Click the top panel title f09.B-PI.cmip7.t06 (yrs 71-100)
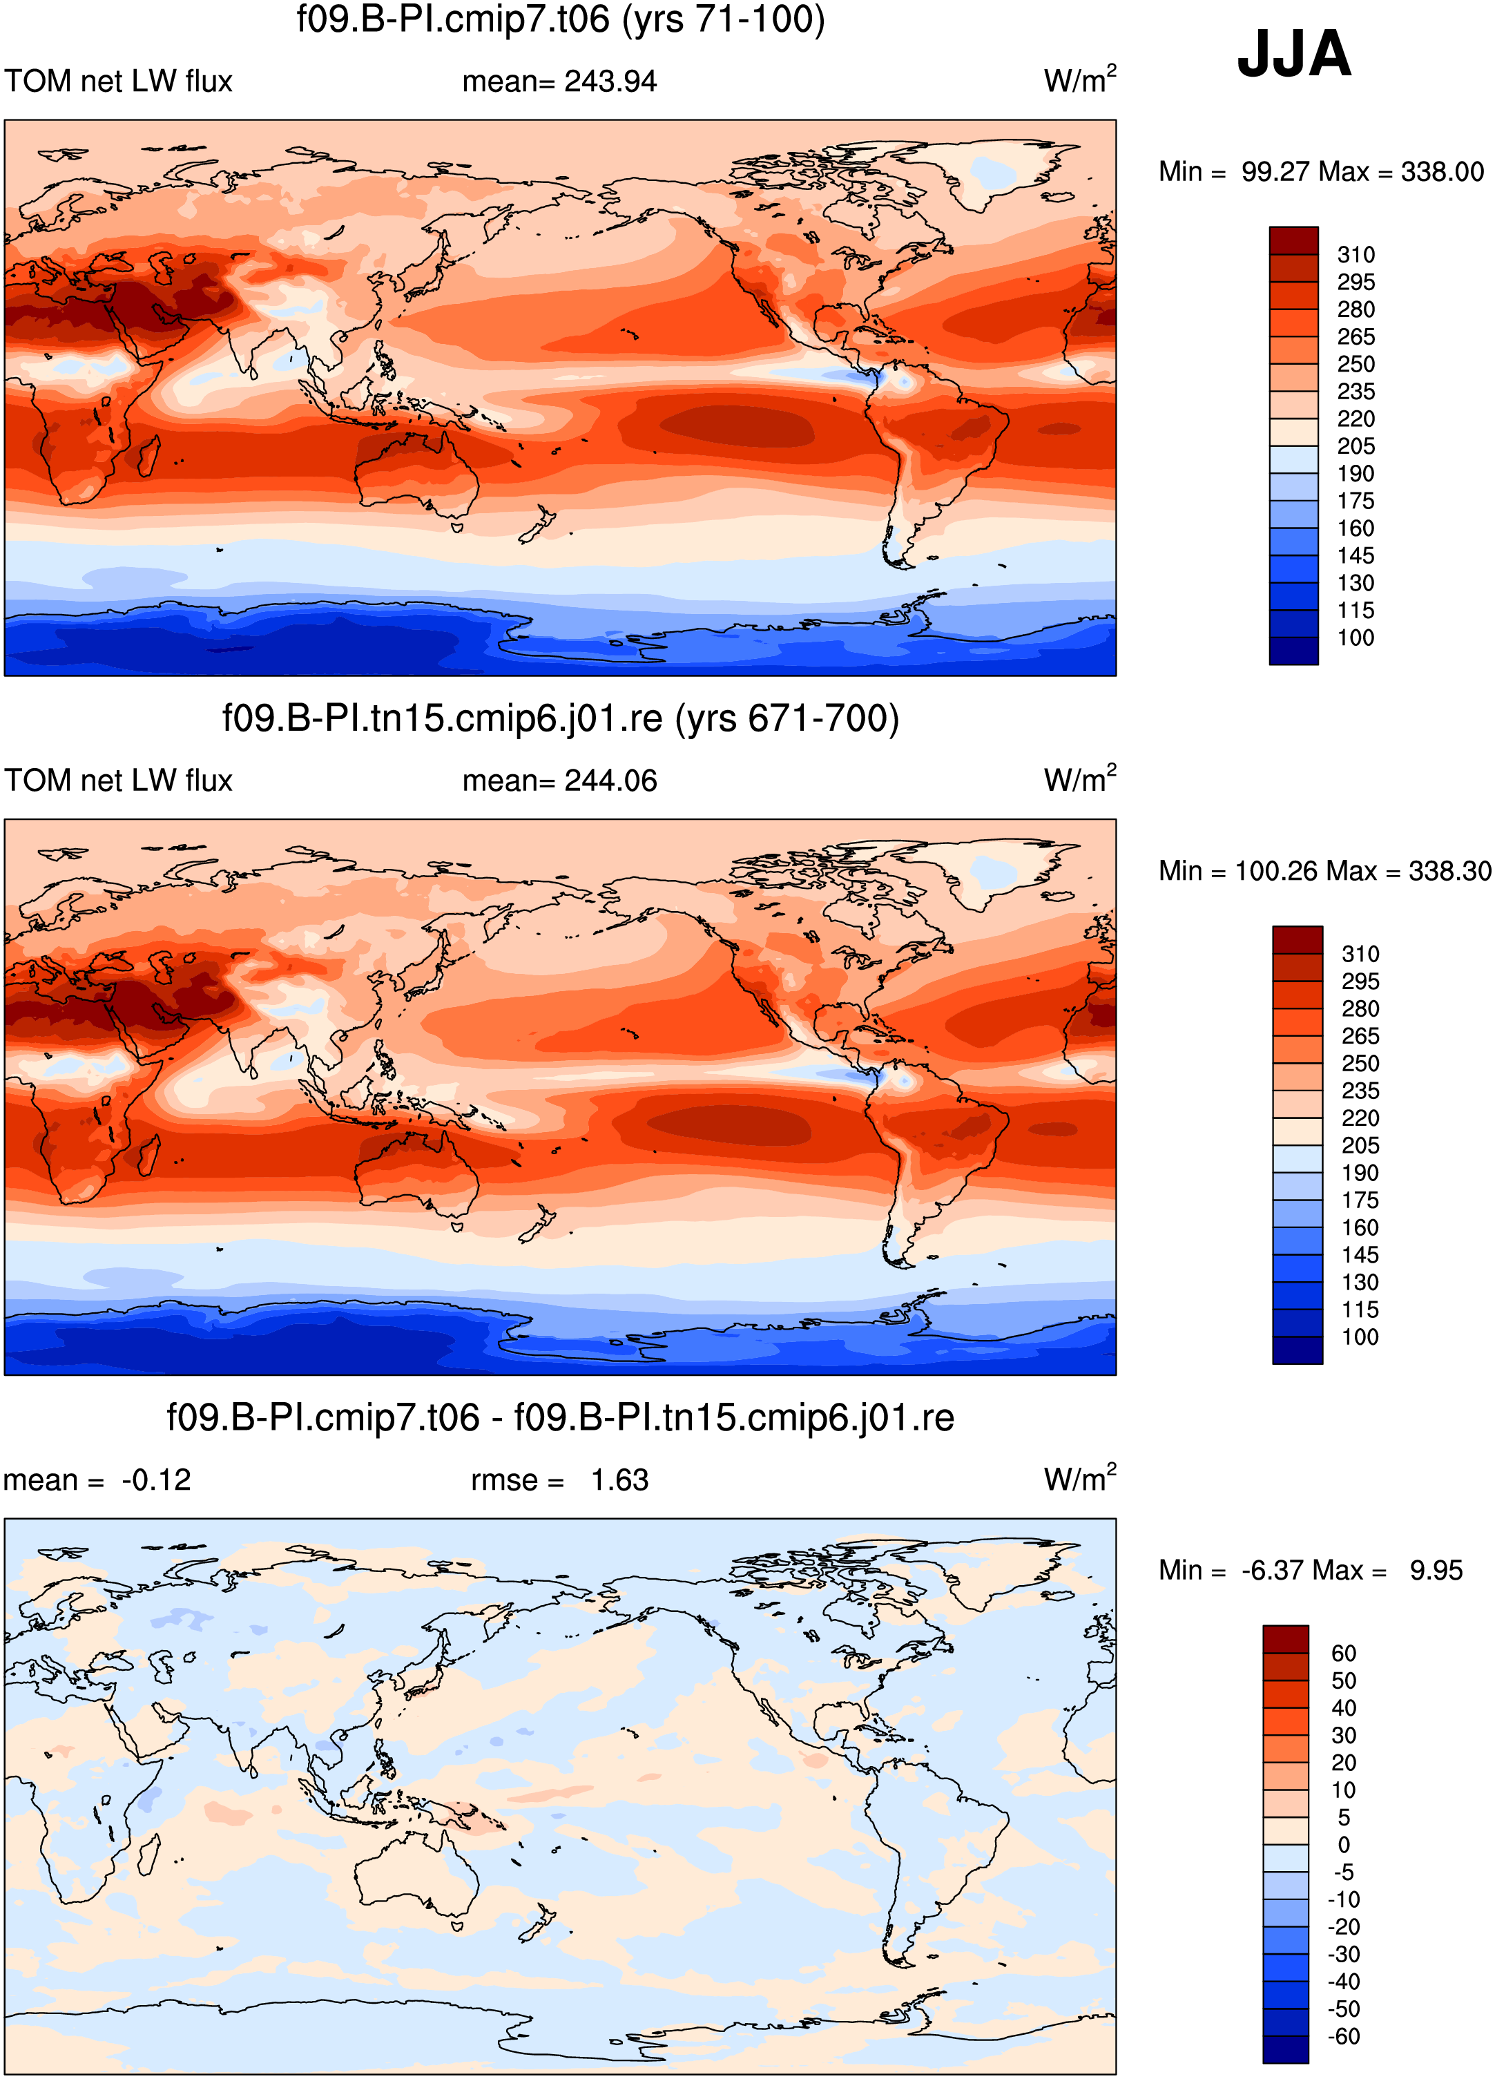coord(561,19)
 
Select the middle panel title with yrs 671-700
coord(561,718)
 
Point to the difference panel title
coord(560,1418)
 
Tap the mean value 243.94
coord(610,82)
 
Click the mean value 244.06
coord(610,781)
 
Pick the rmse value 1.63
coord(619,1480)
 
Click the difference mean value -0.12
coord(157,1480)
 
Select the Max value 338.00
coord(1442,171)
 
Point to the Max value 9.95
coord(1436,1570)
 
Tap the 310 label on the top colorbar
coord(1356,255)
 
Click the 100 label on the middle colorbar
coord(1360,1336)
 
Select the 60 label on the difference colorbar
coord(1344,1654)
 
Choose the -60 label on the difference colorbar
coord(1344,2036)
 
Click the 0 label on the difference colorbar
coord(1344,1844)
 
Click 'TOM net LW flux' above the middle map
coord(118,781)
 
